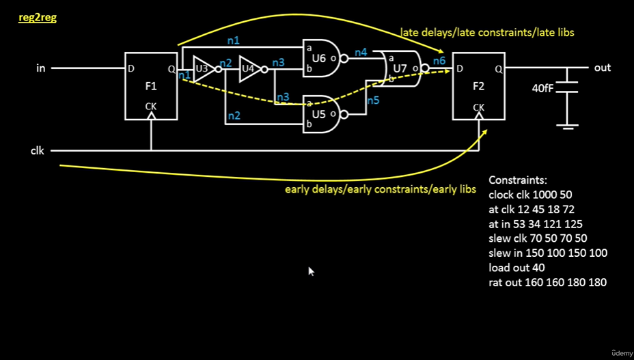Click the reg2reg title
pos(37,17)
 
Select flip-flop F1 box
pos(151,86)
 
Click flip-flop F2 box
pos(478,86)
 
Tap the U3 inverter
pos(204,68)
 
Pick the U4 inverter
pos(250,68)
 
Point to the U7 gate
pos(400,68)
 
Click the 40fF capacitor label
pos(545,88)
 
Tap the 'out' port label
pos(602,68)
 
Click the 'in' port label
pos(41,68)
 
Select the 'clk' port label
pos(38,150)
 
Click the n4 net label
pos(361,52)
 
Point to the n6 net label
pos(439,61)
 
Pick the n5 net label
pos(373,100)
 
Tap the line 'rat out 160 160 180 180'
pos(547,282)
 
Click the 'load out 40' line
pos(516,267)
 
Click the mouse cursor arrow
pos(311,271)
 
